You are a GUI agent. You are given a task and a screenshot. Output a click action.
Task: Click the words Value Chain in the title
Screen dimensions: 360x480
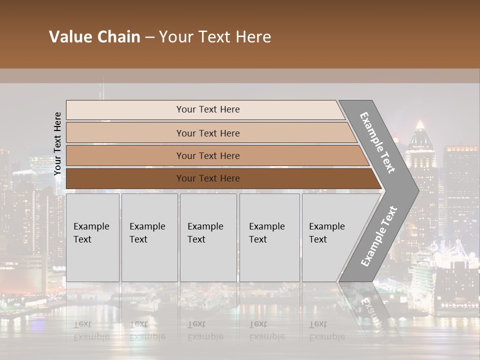(x=94, y=37)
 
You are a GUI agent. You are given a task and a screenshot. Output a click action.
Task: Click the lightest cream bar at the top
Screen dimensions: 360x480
(x=125, y=110)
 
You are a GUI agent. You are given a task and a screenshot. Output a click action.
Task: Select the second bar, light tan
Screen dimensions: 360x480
(x=125, y=133)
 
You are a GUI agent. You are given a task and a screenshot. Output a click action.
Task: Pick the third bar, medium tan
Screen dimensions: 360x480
(x=125, y=155)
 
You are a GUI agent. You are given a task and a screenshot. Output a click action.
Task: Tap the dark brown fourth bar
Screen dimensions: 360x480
(x=125, y=178)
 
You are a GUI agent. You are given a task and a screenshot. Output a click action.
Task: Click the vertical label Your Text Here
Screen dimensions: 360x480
(x=57, y=144)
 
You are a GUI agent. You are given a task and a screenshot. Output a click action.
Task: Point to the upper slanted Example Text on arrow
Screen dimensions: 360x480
(x=377, y=142)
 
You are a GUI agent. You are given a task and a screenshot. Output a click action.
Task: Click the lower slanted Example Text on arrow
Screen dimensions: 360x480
(x=379, y=236)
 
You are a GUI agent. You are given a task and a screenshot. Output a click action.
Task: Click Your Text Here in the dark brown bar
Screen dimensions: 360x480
(x=208, y=178)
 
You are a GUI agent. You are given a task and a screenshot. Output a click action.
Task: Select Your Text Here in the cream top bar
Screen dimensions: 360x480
(x=208, y=109)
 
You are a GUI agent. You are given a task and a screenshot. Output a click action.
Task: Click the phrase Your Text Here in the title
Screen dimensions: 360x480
(x=215, y=37)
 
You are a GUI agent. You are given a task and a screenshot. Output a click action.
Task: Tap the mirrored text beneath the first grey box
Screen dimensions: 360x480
(x=91, y=330)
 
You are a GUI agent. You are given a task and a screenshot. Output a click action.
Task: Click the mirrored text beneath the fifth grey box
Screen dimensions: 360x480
(x=326, y=330)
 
